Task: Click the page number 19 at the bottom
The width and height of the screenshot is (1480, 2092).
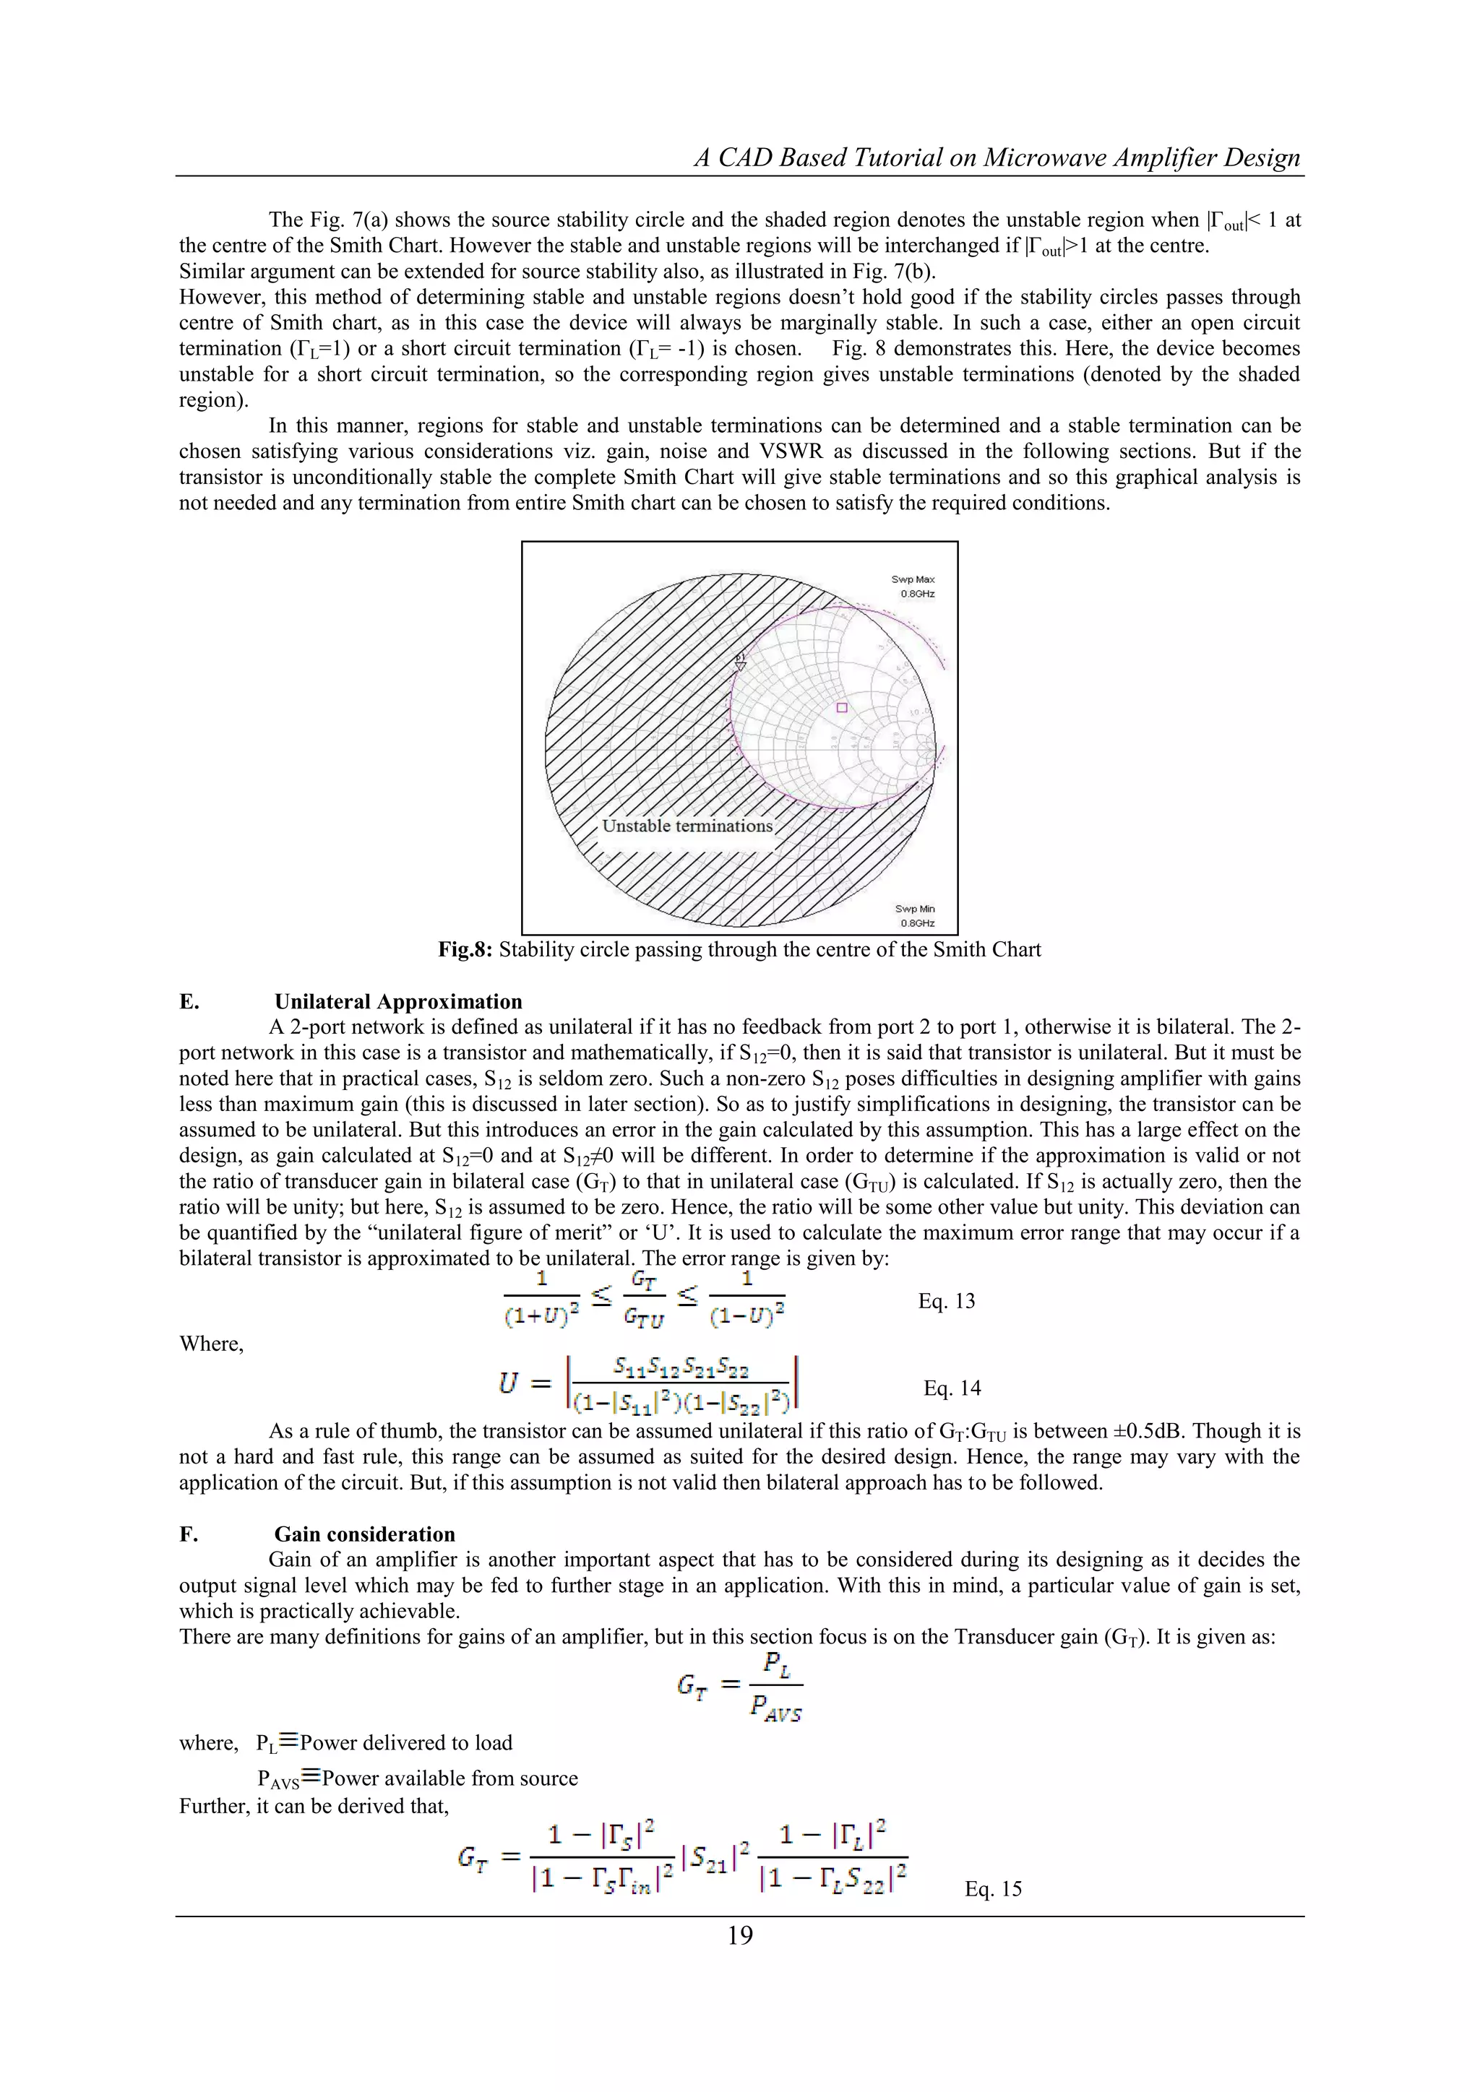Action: click(x=740, y=1935)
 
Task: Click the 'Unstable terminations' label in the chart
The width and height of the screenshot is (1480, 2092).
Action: click(x=687, y=826)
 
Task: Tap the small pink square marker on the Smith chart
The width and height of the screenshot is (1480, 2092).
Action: click(x=842, y=708)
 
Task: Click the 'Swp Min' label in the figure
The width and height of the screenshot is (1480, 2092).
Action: click(x=914, y=909)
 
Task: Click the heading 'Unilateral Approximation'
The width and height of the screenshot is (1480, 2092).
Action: click(x=398, y=1002)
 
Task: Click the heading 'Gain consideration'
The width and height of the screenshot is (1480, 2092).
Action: click(x=364, y=1534)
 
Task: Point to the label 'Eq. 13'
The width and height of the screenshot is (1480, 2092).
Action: click(x=946, y=1301)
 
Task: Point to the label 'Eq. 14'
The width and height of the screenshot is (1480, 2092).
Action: click(x=952, y=1388)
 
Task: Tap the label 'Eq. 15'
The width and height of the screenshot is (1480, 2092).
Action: click(x=994, y=1889)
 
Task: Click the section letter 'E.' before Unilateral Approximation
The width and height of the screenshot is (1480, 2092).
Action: click(x=189, y=1002)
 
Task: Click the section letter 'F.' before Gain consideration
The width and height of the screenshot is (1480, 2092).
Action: click(x=189, y=1534)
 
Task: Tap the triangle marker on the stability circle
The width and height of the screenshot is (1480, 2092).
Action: click(x=740, y=665)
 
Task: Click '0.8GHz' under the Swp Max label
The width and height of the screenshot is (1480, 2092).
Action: click(x=917, y=594)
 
